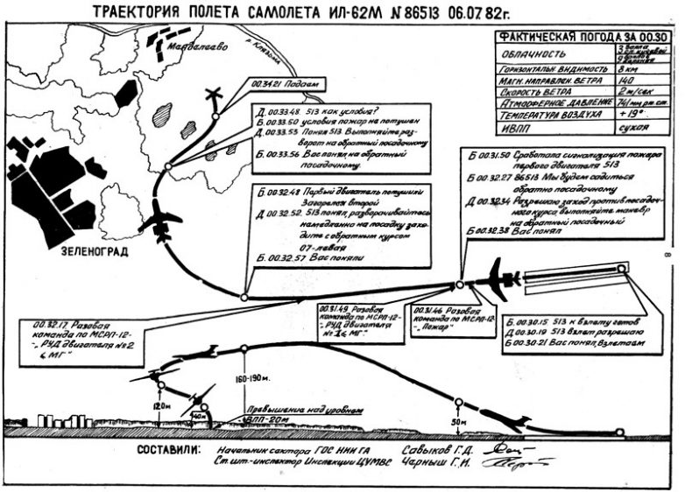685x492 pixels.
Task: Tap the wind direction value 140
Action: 624,79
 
